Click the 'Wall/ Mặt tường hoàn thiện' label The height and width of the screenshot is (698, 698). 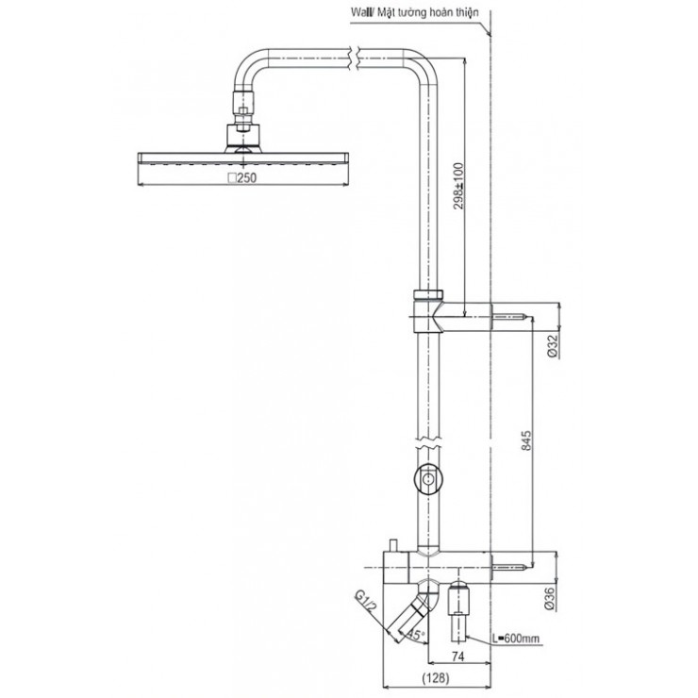click(414, 11)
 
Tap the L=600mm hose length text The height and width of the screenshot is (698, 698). click(516, 640)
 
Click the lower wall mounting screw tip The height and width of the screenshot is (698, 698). click(516, 569)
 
